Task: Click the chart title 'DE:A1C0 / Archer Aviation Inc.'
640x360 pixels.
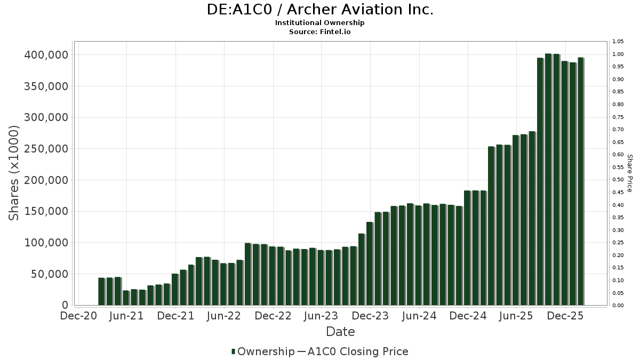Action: [x=320, y=10]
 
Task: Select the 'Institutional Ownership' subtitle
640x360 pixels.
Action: [x=320, y=23]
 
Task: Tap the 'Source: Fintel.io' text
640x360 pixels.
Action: [x=320, y=32]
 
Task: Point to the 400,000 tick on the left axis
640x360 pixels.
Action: [x=46, y=55]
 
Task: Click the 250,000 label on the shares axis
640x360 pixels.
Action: [x=46, y=149]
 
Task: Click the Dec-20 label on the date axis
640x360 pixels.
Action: [x=78, y=316]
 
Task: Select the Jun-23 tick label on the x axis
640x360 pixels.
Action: [x=321, y=316]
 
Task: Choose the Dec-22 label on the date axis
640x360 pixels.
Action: [x=273, y=316]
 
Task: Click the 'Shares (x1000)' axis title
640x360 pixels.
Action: [x=14, y=173]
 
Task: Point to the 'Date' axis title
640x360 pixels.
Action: [x=340, y=332]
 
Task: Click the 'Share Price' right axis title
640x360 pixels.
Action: [x=629, y=173]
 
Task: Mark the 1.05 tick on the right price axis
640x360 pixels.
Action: [x=618, y=42]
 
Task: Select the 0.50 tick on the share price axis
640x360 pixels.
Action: [x=618, y=180]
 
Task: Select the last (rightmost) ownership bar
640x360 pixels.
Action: [x=581, y=181]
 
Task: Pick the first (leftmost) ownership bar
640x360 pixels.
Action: [x=101, y=291]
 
